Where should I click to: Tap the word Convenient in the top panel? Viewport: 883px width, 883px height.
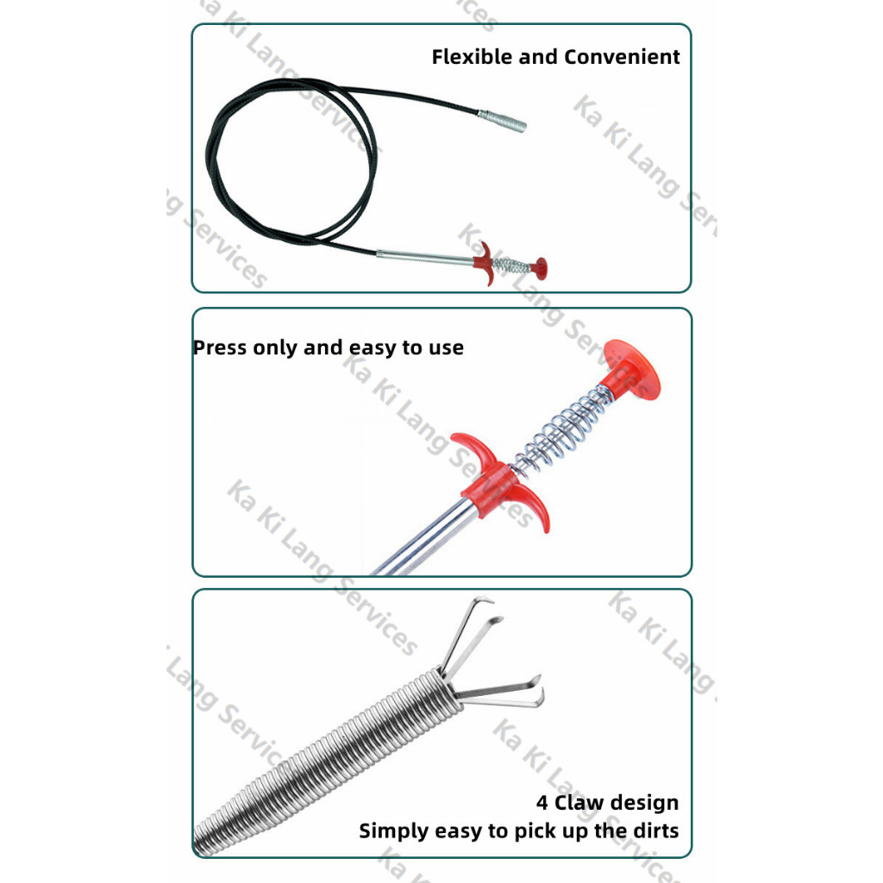tap(622, 57)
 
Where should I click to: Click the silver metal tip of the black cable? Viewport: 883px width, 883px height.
tap(503, 121)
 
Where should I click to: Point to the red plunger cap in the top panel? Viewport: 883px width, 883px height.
tap(540, 269)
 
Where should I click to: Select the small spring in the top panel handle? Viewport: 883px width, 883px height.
tap(511, 266)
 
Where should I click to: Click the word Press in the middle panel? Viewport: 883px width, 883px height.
tap(220, 348)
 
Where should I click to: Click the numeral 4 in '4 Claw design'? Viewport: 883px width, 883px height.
tap(542, 803)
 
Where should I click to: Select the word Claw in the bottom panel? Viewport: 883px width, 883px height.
tap(579, 803)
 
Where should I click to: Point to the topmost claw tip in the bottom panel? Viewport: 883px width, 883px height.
tap(485, 600)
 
